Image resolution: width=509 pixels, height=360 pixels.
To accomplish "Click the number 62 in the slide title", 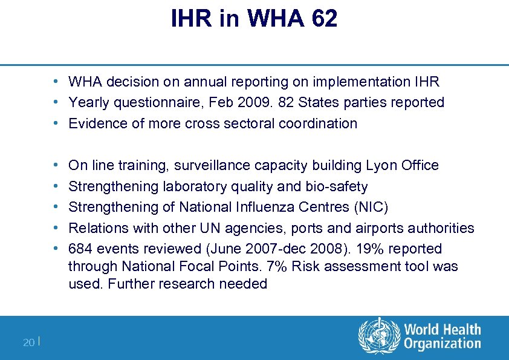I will coord(325,19).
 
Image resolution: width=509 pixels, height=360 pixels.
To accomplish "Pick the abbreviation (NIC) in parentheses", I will coord(368,207).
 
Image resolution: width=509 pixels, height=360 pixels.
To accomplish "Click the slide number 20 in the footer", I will coord(28,342).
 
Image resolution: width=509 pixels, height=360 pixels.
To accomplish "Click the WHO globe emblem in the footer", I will coord(379,337).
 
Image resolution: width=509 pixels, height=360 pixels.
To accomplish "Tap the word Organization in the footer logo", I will coord(442,344).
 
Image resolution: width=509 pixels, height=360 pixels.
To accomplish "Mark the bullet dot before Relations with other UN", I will coord(55,228).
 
